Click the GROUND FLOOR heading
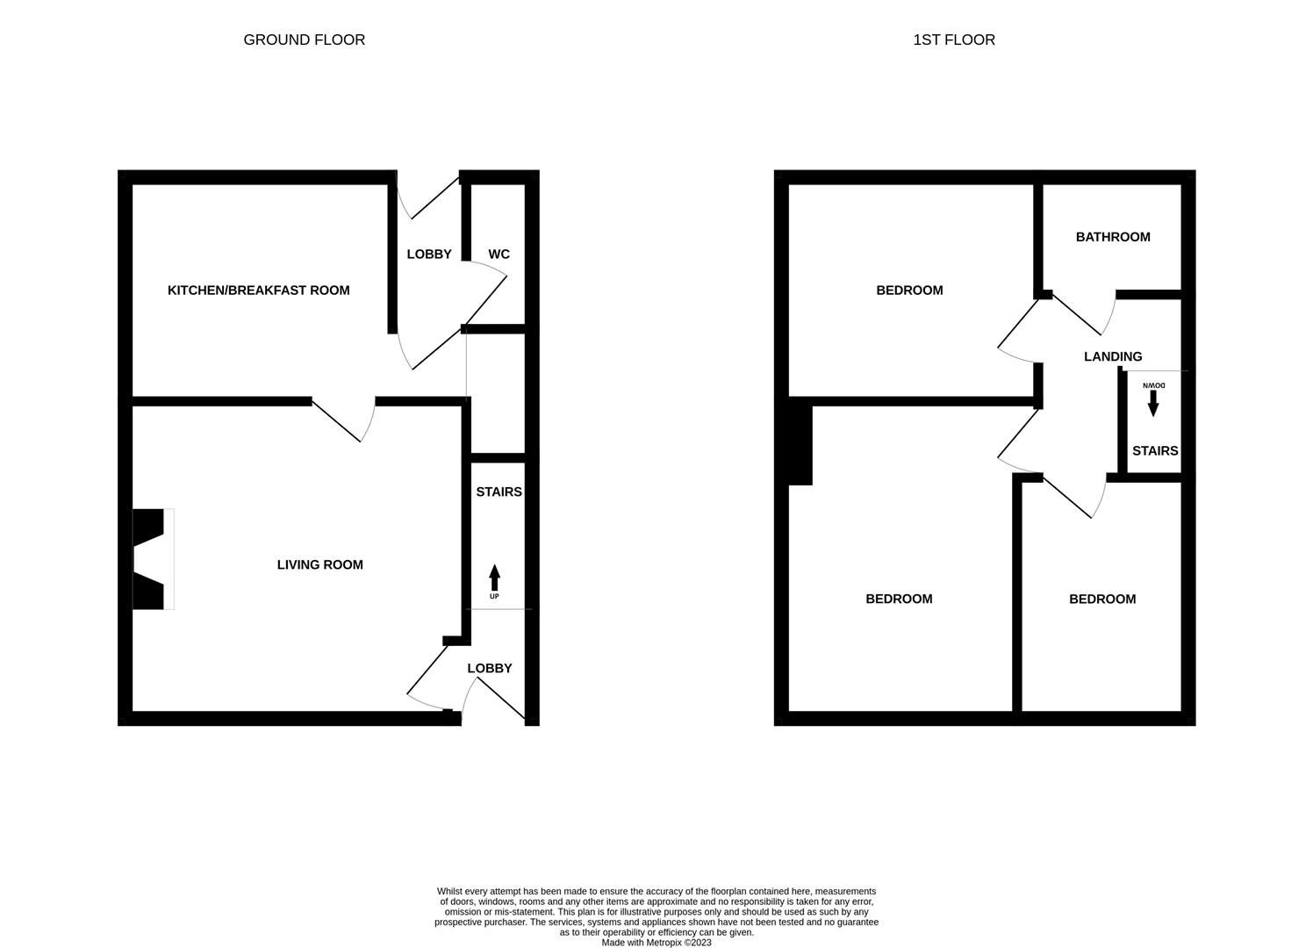click(x=304, y=39)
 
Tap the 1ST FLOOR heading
click(x=953, y=39)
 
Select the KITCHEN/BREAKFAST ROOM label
click(x=258, y=291)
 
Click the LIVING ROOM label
click(x=319, y=565)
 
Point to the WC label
click(x=499, y=255)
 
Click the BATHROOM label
click(x=1112, y=237)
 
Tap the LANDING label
click(x=1112, y=356)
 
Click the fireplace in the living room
click(x=149, y=559)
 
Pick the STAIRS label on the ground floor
click(x=499, y=492)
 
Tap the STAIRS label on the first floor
click(x=1154, y=451)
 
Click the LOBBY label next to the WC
click(x=428, y=255)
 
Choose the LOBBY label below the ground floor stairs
click(x=489, y=669)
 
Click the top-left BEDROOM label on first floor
click(x=909, y=291)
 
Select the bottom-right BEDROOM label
click(x=1101, y=600)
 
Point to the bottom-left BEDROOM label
click(x=899, y=600)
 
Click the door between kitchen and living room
click(x=347, y=419)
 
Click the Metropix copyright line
click(x=656, y=943)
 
